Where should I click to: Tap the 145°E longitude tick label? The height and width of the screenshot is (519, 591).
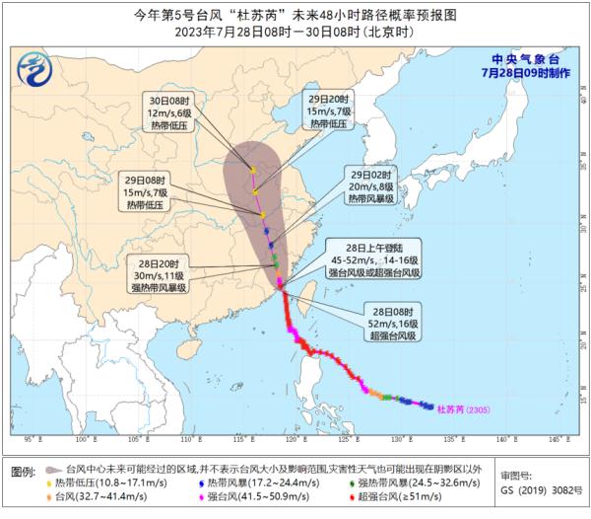[x=556, y=437]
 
